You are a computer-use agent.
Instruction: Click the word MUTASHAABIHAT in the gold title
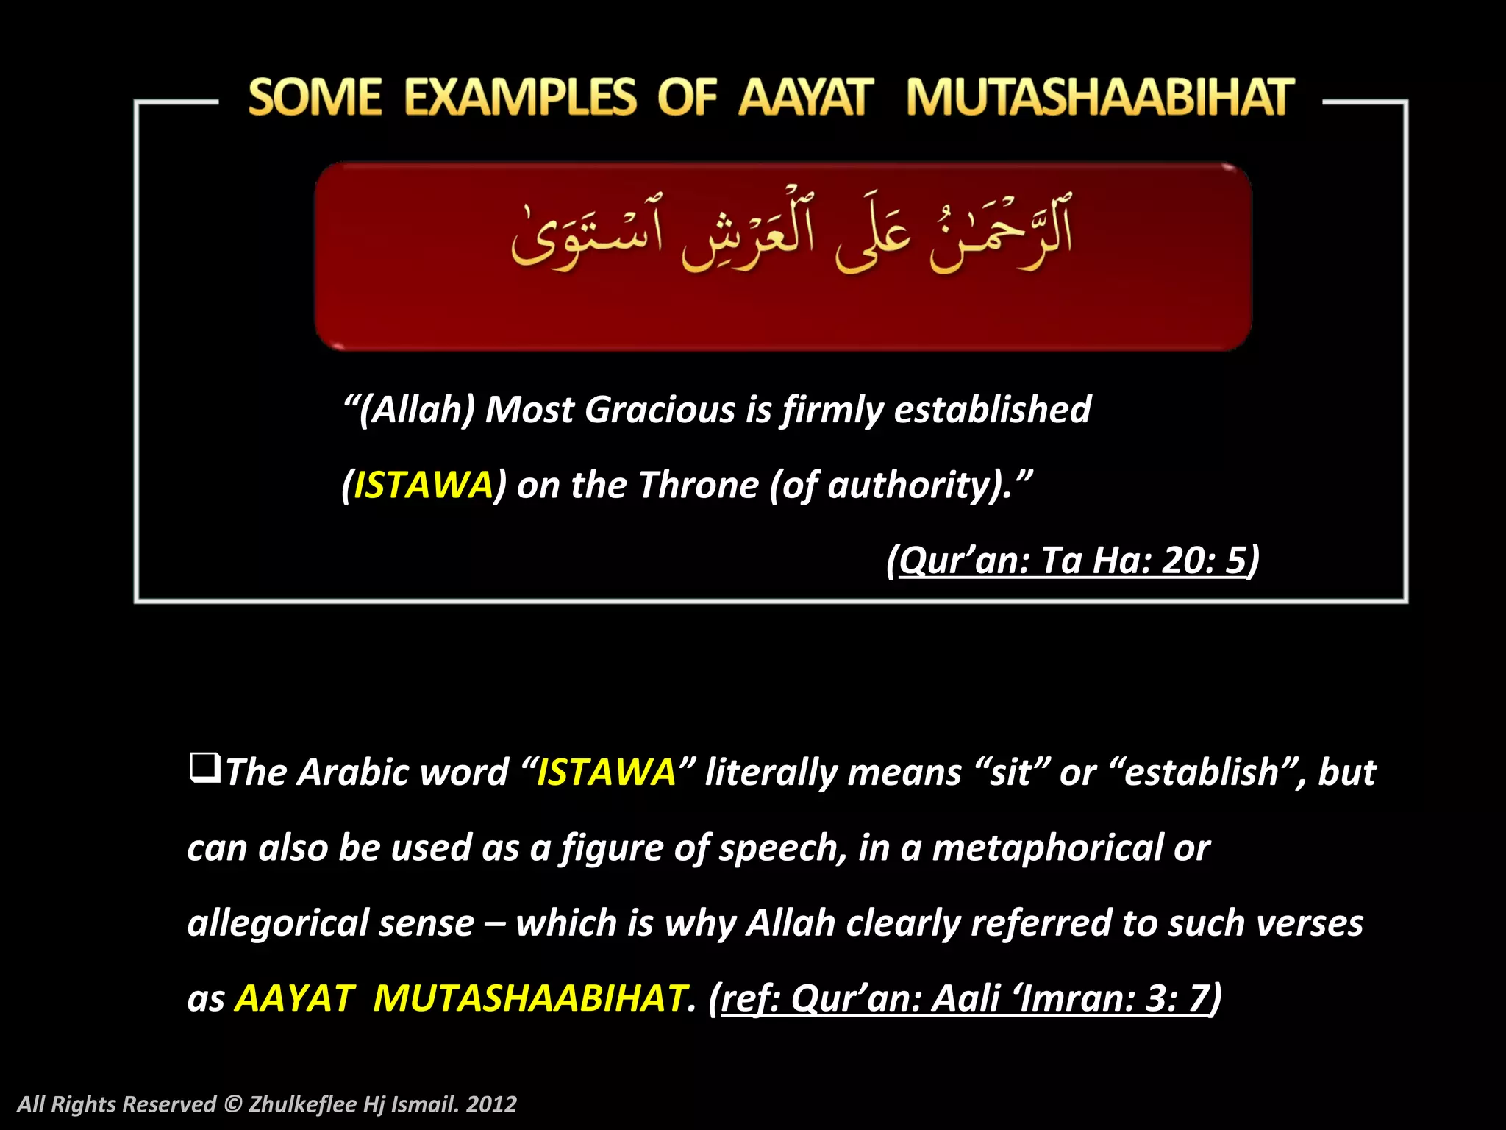(1100, 98)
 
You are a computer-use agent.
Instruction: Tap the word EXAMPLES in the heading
(520, 98)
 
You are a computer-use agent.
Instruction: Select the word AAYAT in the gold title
(806, 98)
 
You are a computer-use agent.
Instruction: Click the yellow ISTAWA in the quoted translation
(423, 485)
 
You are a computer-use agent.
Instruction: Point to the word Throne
(698, 485)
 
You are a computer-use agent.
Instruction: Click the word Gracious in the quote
(659, 409)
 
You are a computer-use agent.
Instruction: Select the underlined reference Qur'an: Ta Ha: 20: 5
(1073, 560)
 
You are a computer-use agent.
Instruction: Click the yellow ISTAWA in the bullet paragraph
(606, 772)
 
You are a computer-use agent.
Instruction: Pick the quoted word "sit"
(1010, 772)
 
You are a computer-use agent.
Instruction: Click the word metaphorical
(1047, 847)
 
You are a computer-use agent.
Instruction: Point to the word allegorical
(276, 923)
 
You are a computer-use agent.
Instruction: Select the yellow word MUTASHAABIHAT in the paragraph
(529, 998)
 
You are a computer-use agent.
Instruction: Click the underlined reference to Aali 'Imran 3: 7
(965, 998)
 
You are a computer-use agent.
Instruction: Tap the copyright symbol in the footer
(232, 1104)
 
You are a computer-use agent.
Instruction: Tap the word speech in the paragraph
(780, 847)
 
